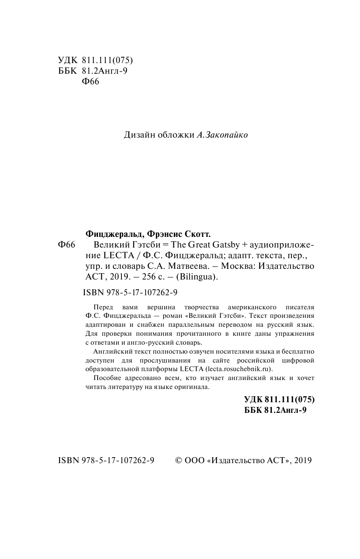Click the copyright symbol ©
[x=179, y=461]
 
